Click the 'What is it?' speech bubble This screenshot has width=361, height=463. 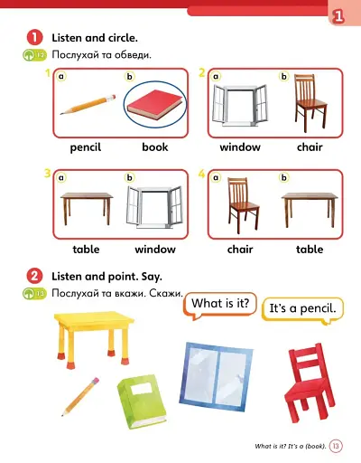(x=220, y=304)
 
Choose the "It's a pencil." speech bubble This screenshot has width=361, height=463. (x=302, y=309)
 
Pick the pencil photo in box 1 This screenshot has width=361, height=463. (x=88, y=105)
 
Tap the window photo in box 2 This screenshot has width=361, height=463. (x=239, y=107)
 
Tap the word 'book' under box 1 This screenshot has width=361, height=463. (x=154, y=146)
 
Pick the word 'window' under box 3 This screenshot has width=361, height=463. (x=154, y=249)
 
